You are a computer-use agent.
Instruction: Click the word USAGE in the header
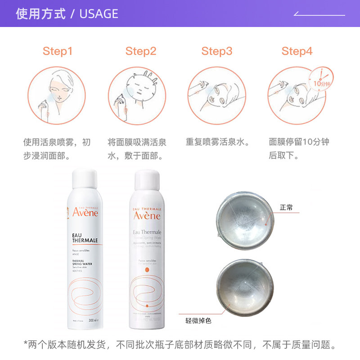(x=99, y=14)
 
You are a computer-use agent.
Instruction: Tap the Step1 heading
(x=58, y=51)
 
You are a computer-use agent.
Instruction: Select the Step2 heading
(x=141, y=51)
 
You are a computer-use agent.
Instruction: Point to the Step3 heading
(x=217, y=51)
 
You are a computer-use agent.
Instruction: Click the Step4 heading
(x=297, y=51)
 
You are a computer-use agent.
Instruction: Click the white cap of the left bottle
(x=85, y=183)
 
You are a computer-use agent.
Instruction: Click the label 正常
(x=286, y=208)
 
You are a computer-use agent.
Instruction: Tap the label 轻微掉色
(x=198, y=321)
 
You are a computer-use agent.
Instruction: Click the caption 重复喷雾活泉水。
(x=218, y=143)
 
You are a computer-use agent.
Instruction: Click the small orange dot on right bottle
(x=147, y=270)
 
